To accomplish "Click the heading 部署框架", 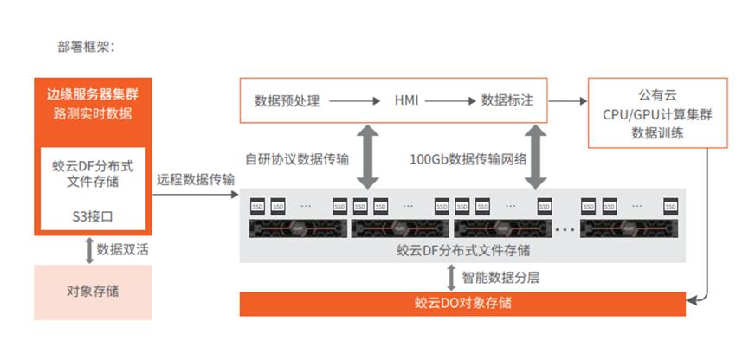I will coord(86,47).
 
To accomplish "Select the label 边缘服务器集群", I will coord(93,93).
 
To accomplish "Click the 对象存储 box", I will coord(93,291).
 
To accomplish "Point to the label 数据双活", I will coord(121,250).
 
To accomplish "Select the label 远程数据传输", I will coord(196,180).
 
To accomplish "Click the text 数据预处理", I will coord(287,101).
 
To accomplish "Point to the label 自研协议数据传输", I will coord(298,159).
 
